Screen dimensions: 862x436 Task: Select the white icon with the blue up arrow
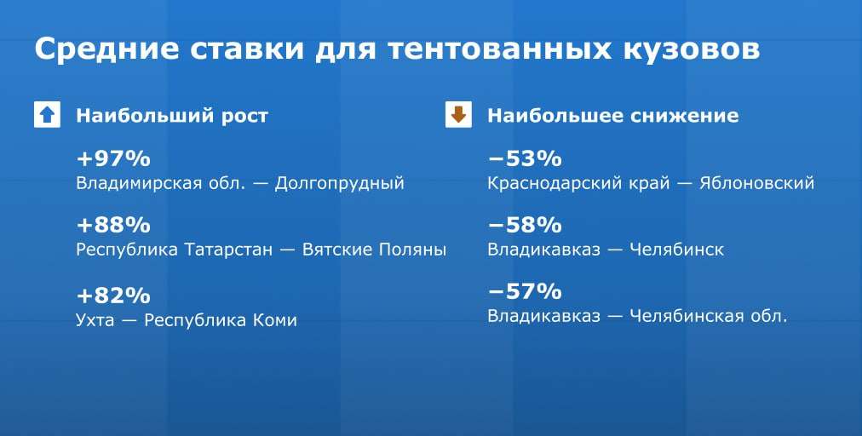tap(47, 115)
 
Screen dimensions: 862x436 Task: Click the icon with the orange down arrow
tap(458, 115)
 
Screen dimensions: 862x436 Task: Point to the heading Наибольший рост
tap(172, 116)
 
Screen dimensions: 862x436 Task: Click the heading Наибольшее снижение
tap(613, 116)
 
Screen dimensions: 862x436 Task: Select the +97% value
tap(113, 159)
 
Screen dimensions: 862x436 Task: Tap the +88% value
tap(113, 225)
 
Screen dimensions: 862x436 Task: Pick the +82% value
tap(113, 295)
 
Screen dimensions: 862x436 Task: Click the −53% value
tap(525, 159)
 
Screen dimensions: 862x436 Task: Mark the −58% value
tap(525, 225)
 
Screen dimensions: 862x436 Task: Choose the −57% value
tap(525, 291)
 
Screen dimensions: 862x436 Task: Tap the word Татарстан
tap(228, 250)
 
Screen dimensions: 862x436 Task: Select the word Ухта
tap(95, 320)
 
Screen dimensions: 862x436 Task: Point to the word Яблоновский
tap(756, 183)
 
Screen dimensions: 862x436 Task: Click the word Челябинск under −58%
tap(676, 250)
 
